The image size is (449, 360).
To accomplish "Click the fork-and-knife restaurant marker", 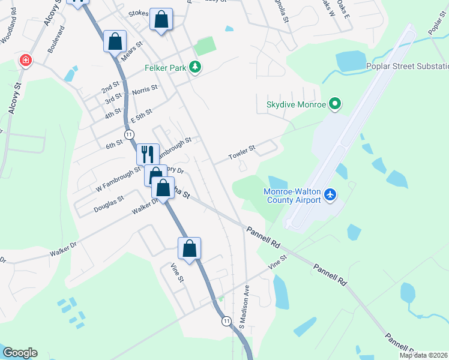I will click(148, 154).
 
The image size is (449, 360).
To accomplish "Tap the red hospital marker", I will click(26, 60).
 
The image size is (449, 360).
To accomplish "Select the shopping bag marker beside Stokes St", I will click(161, 19).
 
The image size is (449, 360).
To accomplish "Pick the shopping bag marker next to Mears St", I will click(115, 41).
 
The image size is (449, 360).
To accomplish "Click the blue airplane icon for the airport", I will click(330, 194).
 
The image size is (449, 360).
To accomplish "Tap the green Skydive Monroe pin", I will click(335, 104).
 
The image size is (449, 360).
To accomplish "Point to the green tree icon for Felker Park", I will click(194, 67).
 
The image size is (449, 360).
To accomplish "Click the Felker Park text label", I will click(165, 68).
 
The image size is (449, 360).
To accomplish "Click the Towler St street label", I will click(242, 152).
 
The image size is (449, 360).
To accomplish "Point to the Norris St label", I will click(145, 89).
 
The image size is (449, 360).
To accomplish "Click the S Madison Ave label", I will click(244, 307).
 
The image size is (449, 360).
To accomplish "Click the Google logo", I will click(20, 353).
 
